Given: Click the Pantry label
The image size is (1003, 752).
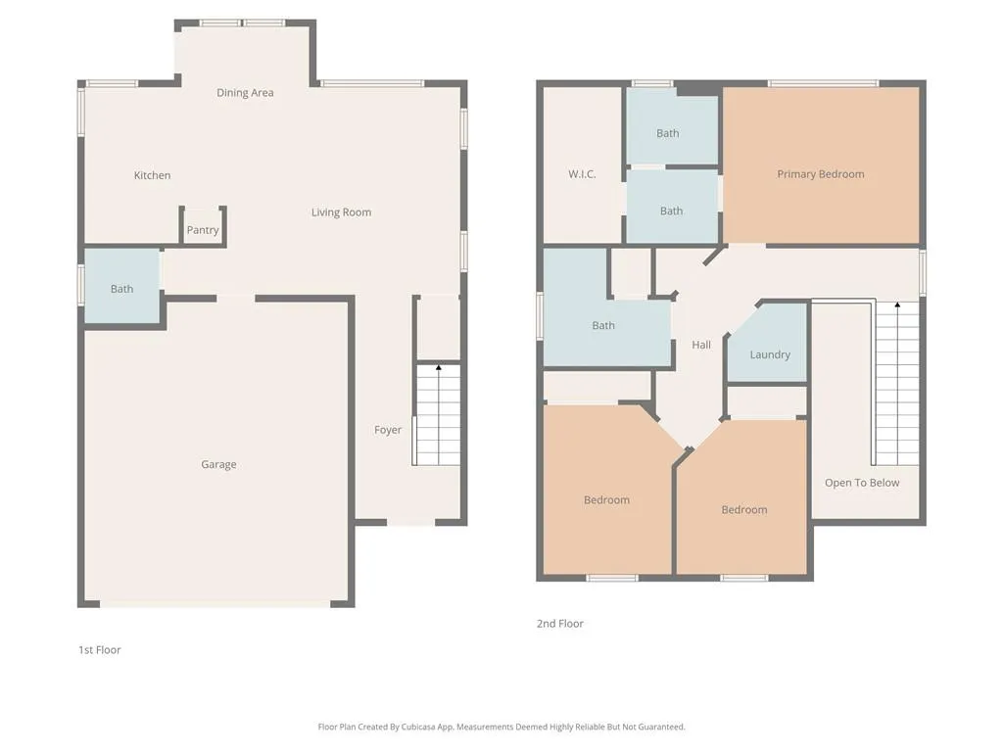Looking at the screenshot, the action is (203, 230).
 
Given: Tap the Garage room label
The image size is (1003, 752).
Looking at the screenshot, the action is (218, 465).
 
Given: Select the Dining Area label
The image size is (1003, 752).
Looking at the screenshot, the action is (245, 93).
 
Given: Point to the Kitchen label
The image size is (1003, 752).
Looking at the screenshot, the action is (152, 175).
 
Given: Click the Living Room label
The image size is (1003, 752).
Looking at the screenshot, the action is (341, 212).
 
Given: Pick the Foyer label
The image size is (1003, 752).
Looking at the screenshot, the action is (388, 431).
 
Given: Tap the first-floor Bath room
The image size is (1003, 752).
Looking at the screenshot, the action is (122, 287).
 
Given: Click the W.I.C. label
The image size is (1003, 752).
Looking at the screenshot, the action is (582, 174).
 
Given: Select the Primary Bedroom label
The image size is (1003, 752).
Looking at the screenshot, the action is (821, 174).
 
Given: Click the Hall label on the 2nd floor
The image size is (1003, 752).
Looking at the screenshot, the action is (701, 345).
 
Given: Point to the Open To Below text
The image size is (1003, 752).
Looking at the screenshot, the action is (862, 483).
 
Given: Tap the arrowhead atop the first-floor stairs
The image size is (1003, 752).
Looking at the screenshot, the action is (439, 367).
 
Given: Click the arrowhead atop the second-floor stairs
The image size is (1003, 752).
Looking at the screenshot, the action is (897, 305).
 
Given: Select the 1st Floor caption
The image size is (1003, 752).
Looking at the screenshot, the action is (100, 650).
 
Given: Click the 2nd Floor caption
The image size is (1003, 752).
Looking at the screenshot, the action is (559, 624).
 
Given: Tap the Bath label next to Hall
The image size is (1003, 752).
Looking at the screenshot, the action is (603, 325).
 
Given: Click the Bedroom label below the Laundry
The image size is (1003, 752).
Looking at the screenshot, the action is (744, 509).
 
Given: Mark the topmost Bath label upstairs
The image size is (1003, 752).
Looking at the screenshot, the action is (667, 133).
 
